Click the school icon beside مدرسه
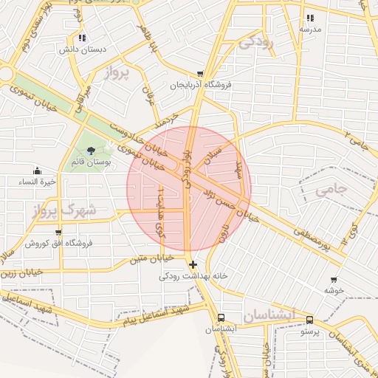point(310,18)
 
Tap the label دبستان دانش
point(83,49)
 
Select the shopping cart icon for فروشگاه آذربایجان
point(200,74)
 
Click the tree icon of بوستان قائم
point(90,151)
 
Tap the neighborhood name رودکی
point(256,42)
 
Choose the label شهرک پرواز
point(64,210)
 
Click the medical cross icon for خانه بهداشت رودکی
point(193,264)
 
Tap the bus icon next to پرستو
point(309,320)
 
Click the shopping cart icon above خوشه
point(334,280)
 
